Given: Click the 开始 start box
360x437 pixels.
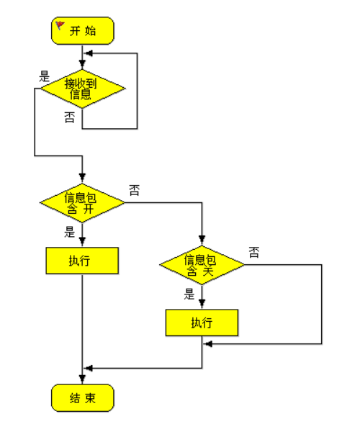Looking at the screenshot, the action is [x=83, y=30].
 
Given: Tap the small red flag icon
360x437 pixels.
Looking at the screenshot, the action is [x=60, y=26].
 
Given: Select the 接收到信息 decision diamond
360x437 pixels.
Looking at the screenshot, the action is [x=83, y=89].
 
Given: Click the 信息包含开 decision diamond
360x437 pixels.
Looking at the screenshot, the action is [x=82, y=202].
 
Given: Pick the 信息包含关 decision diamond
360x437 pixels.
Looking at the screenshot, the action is [x=202, y=265].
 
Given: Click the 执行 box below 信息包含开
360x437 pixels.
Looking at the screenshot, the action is [x=82, y=261].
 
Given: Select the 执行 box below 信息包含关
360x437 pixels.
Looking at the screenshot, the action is [x=202, y=323].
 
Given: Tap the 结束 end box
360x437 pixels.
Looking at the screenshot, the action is [x=83, y=397].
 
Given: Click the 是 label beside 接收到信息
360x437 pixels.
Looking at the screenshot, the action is [x=45, y=76].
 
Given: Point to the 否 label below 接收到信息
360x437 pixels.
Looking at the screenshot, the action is [x=70, y=117].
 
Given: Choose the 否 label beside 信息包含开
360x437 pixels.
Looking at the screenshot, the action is [x=135, y=190].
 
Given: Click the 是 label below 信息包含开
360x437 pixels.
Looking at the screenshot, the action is [x=70, y=232].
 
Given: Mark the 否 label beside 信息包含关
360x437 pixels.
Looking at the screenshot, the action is [x=254, y=253].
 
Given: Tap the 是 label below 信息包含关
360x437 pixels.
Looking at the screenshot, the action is [x=189, y=294].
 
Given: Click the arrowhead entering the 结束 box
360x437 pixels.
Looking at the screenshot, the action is [x=82, y=379].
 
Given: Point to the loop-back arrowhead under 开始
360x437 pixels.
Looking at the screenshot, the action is [x=89, y=53].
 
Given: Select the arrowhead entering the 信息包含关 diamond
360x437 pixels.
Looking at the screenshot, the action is [x=202, y=240].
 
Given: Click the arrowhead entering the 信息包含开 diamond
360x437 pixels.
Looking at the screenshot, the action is [x=82, y=178].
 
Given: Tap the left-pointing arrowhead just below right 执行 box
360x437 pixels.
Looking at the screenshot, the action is [x=208, y=344].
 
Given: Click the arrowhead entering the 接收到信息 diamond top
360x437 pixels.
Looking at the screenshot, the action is [x=82, y=64].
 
